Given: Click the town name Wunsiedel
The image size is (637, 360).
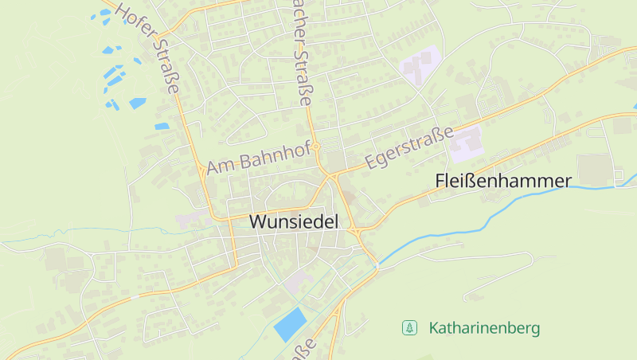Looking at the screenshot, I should tap(294, 222).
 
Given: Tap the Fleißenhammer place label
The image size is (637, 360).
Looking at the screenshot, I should tap(503, 182).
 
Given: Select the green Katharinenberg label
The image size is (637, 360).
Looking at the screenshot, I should tap(484, 327).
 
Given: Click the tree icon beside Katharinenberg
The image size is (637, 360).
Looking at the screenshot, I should tap(409, 327).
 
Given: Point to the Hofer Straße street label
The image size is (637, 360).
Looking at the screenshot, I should tap(148, 46).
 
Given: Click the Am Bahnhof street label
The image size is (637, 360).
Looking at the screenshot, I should tap(258, 156).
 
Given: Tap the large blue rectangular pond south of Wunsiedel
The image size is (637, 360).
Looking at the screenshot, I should tap(290, 323).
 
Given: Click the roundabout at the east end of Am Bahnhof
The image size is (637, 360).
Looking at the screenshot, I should tap(316, 147).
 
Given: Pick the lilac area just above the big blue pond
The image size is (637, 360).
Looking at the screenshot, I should tap(298, 281).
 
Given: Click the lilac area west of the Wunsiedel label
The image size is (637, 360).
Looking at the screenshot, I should tap(190, 220).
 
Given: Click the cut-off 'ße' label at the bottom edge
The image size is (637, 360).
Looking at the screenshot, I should tap(305, 348).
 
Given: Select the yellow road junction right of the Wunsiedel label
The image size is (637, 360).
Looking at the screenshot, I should tap(353, 231).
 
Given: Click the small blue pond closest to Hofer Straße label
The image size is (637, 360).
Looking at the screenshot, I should tap(162, 126).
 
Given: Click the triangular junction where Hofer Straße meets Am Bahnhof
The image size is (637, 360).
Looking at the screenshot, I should tap(199, 168).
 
